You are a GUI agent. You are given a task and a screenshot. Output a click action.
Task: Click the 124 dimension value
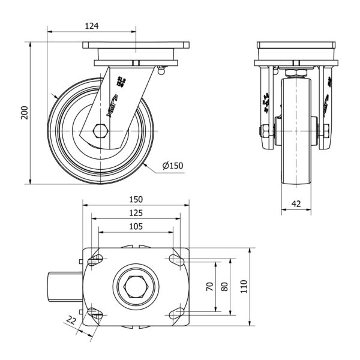coord(91,26)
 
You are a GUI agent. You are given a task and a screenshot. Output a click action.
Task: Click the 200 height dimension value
coord(25,112)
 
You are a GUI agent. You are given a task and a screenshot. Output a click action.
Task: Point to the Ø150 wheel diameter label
coord(173,166)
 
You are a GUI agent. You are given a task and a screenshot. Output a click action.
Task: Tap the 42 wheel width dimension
coord(296,203)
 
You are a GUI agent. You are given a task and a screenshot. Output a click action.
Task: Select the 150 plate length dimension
coord(136,199)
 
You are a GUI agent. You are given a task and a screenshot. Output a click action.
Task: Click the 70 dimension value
coord(210,287)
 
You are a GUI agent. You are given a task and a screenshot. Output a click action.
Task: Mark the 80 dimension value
coord(225,287)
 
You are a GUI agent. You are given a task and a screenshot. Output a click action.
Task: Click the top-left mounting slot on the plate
coord(95,260)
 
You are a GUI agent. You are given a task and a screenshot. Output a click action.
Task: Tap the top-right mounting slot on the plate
coord(176,260)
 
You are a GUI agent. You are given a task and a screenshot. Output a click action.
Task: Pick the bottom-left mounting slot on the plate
coord(95,312)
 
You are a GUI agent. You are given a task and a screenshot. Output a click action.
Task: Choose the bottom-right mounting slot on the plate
coord(176,312)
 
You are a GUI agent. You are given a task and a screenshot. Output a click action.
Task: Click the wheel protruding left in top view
coord(63,287)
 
